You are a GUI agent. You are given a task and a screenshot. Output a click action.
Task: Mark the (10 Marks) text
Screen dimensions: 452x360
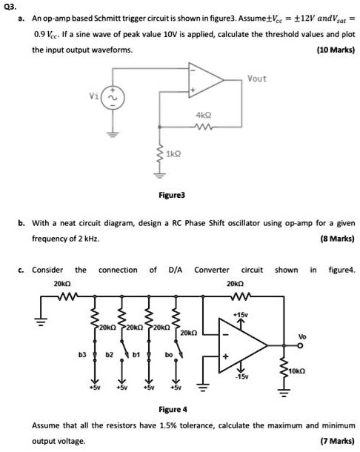pos(335,50)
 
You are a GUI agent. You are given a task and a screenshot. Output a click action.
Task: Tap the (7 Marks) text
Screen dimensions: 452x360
pos(337,440)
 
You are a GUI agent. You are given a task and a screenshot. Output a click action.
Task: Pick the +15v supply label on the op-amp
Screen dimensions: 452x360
pos(239,315)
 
